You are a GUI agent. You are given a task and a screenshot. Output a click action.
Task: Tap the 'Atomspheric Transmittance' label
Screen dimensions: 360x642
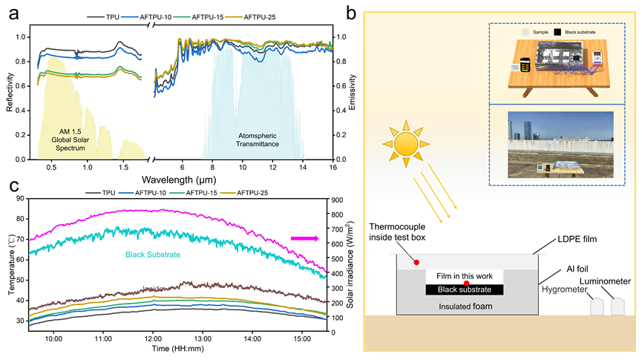(x=258, y=140)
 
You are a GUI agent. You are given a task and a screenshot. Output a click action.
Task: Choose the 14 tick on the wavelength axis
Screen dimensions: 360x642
(x=303, y=168)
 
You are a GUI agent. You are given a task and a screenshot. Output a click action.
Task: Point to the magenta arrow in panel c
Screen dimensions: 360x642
(x=305, y=238)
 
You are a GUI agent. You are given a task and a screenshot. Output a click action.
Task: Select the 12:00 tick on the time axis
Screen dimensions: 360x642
(x=152, y=339)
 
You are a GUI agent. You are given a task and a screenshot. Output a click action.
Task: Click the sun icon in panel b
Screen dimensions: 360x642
(x=407, y=144)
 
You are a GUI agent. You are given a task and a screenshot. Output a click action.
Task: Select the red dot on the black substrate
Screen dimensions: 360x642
(x=465, y=284)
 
